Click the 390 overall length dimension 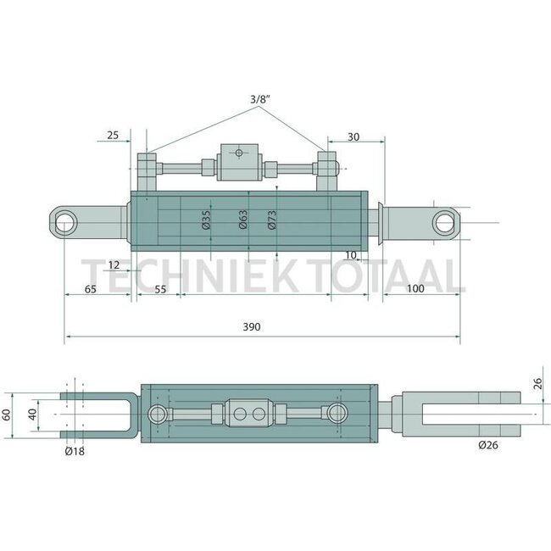pyautogui.click(x=251, y=326)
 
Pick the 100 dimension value pyautogui.click(x=415, y=289)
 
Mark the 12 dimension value pyautogui.click(x=114, y=265)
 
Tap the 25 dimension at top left pyautogui.click(x=114, y=134)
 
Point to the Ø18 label pyautogui.click(x=74, y=451)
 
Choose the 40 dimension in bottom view pyautogui.click(x=31, y=415)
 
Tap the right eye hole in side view pyautogui.click(x=444, y=223)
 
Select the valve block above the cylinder pyautogui.click(x=241, y=162)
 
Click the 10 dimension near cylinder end pyautogui.click(x=351, y=254)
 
